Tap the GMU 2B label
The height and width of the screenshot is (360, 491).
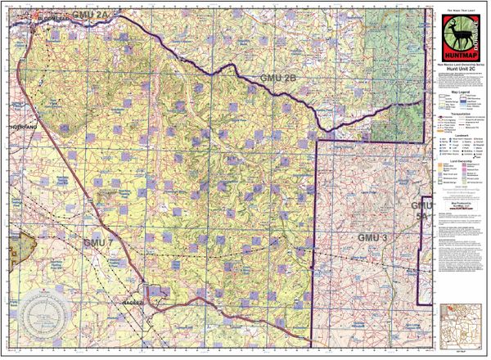click(x=277, y=78)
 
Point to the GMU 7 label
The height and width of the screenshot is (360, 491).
click(x=97, y=243)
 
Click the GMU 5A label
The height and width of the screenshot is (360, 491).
click(x=421, y=209)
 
